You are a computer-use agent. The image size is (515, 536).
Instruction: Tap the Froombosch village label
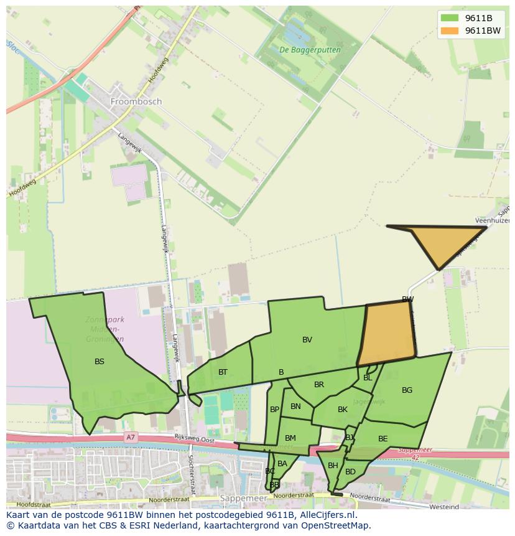136,101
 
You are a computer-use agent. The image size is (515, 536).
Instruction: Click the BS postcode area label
100,361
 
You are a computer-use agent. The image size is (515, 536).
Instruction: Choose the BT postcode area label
223,372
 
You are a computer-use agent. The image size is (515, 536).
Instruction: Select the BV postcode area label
307,339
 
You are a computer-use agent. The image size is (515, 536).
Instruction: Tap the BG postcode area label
407,390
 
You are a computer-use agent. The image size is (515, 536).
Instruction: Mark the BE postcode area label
383,438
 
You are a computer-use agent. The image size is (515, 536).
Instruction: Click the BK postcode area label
343,409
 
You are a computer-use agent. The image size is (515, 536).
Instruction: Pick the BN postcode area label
295,407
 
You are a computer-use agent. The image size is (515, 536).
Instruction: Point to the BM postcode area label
290,438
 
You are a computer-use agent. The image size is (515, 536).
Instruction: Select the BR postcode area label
319,385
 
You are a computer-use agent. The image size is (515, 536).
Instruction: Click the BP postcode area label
274,409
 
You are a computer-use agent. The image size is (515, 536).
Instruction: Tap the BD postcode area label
350,471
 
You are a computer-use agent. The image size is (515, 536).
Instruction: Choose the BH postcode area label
333,465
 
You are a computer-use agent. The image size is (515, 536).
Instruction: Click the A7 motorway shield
130,437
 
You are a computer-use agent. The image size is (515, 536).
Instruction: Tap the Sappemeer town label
243,499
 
